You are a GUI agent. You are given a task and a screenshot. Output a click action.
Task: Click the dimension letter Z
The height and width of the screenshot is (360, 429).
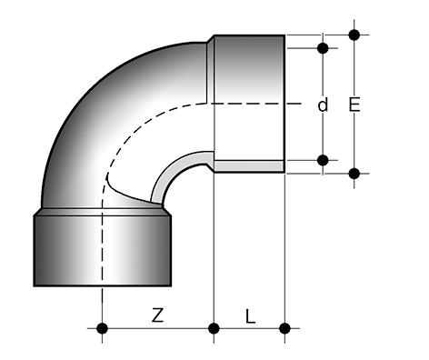(157, 315)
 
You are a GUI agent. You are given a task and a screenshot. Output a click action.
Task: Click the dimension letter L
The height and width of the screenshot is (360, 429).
(250, 316)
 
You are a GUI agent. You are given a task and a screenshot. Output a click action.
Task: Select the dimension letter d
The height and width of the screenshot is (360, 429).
(323, 105)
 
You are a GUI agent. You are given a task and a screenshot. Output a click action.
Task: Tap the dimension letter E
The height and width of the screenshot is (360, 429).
(354, 105)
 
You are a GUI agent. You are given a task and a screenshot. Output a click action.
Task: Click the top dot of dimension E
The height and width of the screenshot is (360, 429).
(354, 35)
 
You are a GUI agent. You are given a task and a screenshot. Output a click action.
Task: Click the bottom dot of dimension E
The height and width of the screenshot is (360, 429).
(354, 174)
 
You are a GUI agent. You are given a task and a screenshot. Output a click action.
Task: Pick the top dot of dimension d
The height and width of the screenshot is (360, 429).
(323, 48)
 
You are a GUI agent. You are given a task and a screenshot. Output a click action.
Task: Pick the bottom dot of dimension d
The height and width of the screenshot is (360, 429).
(323, 160)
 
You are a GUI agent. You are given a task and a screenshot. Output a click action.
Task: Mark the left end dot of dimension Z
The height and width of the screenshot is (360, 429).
(102, 328)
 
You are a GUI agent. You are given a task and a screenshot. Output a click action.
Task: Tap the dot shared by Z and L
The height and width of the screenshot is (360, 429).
(214, 328)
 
